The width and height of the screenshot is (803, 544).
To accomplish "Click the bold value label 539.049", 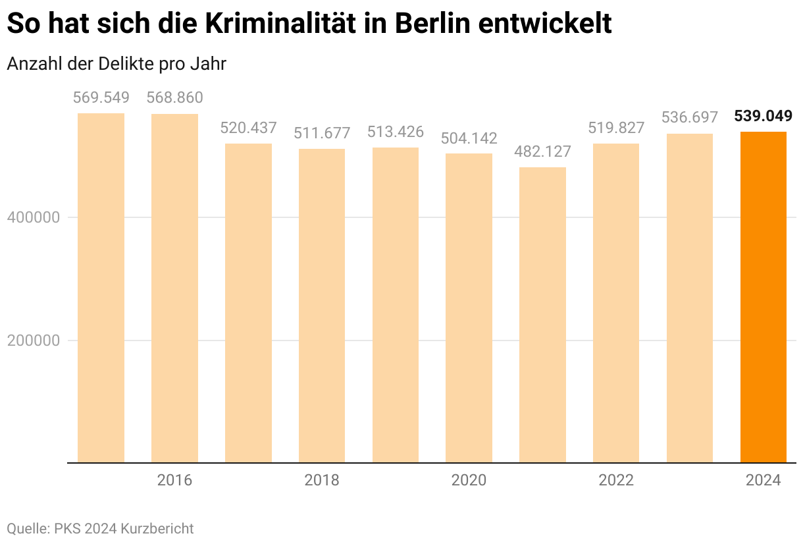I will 763,117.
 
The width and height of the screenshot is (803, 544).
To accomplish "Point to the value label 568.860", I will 174,98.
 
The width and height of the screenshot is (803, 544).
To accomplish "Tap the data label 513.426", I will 395,132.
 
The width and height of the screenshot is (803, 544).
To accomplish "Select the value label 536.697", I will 689,118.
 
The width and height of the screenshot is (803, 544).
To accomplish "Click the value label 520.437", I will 248,128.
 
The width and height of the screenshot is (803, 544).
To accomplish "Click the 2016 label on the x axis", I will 174,480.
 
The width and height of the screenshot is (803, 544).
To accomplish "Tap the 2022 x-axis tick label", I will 616,480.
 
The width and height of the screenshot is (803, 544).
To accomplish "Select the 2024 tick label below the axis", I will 763,480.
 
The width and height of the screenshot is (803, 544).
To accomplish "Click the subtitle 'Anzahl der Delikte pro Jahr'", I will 116,64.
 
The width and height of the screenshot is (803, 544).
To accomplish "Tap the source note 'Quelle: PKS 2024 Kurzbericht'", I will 100,528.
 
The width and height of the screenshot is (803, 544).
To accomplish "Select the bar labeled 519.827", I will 616,303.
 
